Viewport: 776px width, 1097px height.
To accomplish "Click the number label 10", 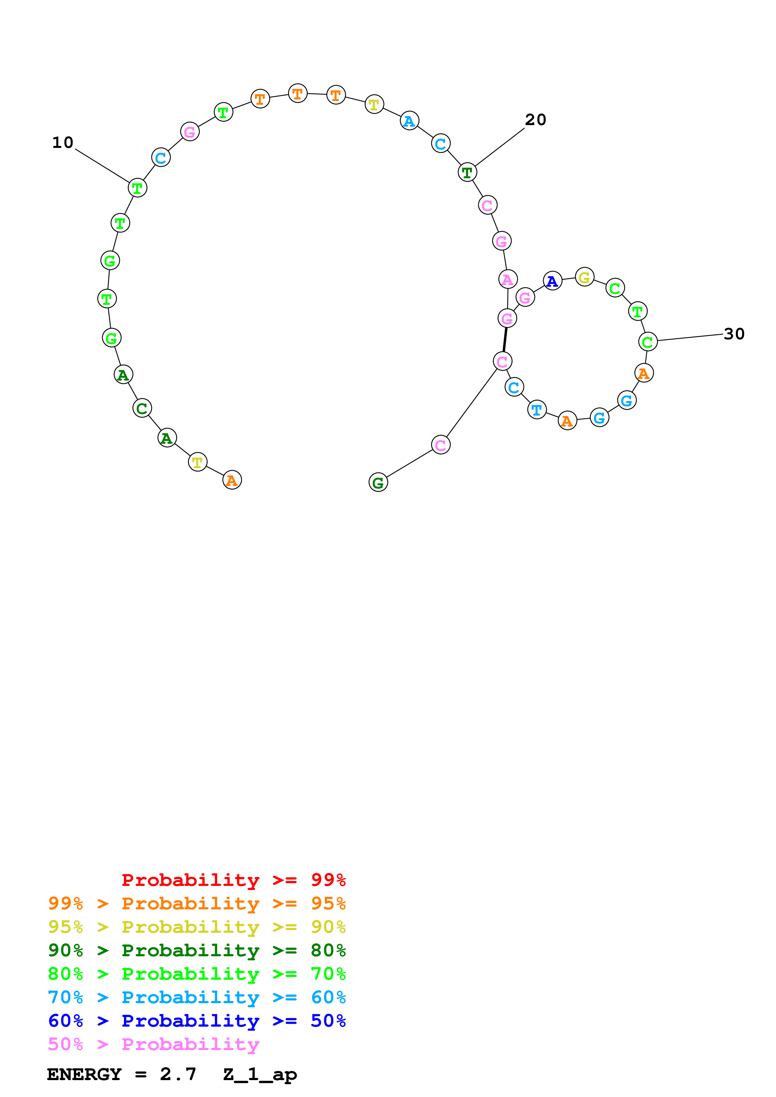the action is (63, 142).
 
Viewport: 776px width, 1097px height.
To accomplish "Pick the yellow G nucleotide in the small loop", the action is (584, 277).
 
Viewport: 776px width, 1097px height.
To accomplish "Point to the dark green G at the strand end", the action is (378, 482).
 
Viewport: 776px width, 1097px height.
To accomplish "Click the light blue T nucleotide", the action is (537, 409).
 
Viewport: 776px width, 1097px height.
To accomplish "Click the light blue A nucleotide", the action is (409, 121).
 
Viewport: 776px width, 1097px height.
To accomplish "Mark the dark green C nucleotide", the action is (142, 408).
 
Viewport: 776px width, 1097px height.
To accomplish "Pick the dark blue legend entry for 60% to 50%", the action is (197, 1021).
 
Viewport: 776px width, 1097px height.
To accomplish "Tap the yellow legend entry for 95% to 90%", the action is (197, 927).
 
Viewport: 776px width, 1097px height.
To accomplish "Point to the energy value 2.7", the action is (178, 1074).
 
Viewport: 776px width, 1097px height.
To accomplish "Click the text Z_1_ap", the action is (260, 1074).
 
